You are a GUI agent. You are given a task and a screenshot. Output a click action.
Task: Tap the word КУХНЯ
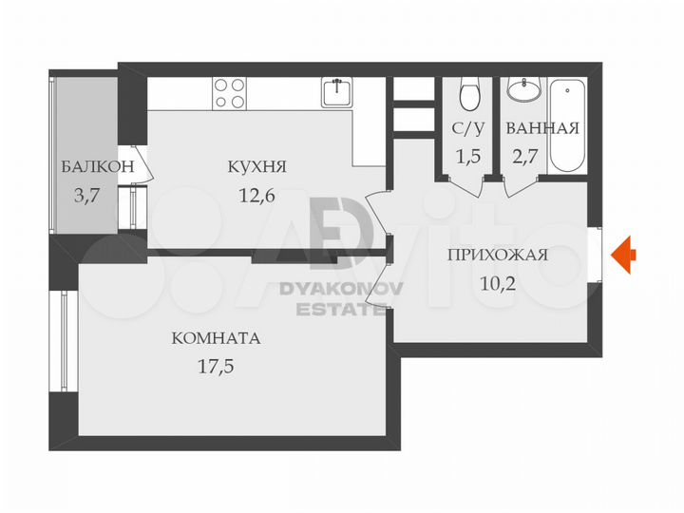(256, 168)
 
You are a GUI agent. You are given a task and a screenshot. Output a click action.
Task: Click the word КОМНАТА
(216, 338)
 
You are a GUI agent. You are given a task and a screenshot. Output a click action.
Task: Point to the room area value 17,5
(216, 366)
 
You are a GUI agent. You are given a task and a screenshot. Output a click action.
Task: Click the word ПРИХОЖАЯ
(498, 254)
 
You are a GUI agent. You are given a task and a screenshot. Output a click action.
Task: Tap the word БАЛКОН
(95, 169)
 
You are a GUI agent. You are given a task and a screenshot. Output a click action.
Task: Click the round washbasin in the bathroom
(522, 90)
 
